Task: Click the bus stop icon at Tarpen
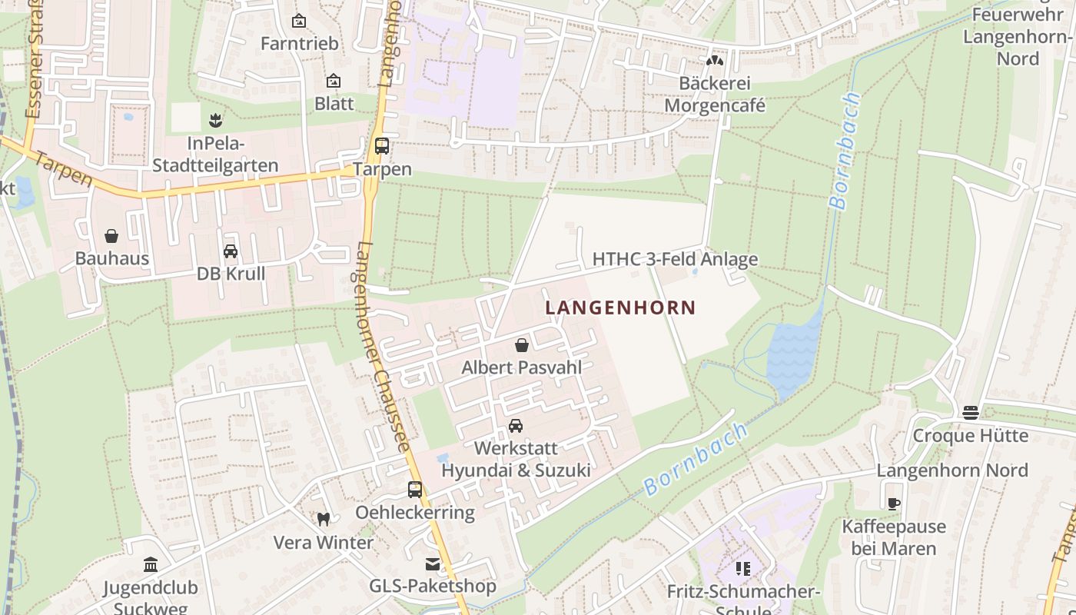tap(381, 146)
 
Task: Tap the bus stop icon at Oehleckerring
tap(415, 489)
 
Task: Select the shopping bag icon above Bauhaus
tap(111, 235)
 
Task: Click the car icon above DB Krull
tap(230, 251)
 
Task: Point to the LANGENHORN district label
tap(620, 307)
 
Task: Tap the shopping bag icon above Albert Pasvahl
tap(522, 345)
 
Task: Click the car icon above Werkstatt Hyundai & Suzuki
tap(516, 426)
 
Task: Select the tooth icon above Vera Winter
tap(324, 520)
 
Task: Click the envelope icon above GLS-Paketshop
tap(433, 564)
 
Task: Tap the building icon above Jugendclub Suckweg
tap(151, 566)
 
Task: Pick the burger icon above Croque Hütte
tap(970, 413)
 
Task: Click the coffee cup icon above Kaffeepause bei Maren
tap(893, 504)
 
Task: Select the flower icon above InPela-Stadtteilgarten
tap(214, 121)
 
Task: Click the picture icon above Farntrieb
tap(299, 21)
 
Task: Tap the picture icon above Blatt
tap(334, 81)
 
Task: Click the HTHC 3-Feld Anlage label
tap(675, 259)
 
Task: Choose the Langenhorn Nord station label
tap(952, 470)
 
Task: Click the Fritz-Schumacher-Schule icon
tap(742, 569)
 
